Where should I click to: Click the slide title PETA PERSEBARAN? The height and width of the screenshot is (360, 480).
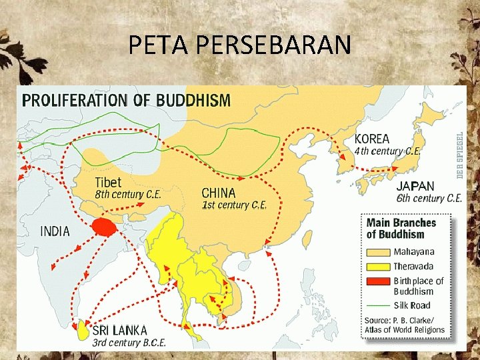(x=239, y=45)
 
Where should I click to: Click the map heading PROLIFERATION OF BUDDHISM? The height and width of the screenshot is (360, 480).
(x=127, y=101)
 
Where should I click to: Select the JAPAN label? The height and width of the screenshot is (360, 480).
(x=415, y=186)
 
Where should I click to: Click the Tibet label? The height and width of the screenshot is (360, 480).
(x=108, y=182)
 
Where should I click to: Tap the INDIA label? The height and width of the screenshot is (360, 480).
(x=55, y=231)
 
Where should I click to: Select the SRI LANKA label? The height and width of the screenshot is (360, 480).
(x=120, y=330)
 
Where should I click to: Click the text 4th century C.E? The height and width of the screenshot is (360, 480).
(x=387, y=151)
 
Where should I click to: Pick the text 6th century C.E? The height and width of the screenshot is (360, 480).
(x=429, y=198)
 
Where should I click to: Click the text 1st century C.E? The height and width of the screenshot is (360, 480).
(x=234, y=205)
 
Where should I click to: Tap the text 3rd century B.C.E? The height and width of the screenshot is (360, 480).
(x=129, y=343)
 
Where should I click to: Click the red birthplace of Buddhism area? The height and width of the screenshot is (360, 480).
(x=103, y=227)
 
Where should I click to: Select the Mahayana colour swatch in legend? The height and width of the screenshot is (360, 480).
(x=377, y=252)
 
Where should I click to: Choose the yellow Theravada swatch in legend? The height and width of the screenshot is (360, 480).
(x=377, y=267)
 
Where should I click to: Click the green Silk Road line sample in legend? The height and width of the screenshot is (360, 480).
(x=377, y=305)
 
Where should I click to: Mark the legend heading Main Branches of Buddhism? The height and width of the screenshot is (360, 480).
(x=401, y=228)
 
